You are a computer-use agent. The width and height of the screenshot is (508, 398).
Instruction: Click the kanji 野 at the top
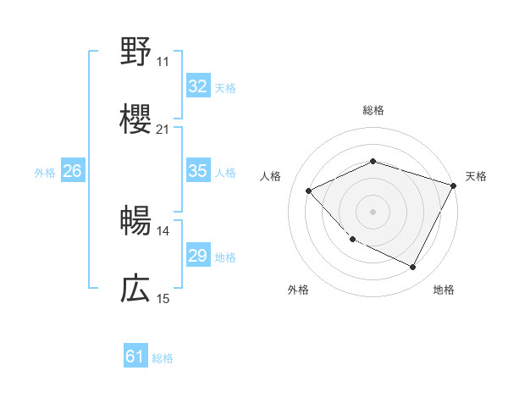[135, 53]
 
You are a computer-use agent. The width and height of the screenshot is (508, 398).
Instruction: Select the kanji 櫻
[135, 119]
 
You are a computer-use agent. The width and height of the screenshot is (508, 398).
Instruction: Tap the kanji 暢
[135, 222]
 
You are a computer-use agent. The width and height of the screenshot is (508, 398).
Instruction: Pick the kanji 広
[135, 290]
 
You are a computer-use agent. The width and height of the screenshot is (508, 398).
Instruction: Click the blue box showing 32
[197, 86]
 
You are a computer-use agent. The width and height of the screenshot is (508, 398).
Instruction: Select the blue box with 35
[197, 171]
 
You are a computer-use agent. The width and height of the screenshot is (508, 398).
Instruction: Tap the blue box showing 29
[197, 256]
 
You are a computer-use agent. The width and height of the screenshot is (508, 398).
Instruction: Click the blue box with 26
[72, 171]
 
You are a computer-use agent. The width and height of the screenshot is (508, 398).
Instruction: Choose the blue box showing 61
[135, 357]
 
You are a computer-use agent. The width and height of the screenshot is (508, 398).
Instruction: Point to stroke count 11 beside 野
[163, 62]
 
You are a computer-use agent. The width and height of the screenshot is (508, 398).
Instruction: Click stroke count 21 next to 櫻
[163, 130]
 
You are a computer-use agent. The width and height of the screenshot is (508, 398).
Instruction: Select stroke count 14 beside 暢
[163, 231]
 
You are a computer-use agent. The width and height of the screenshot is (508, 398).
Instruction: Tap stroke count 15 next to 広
[163, 299]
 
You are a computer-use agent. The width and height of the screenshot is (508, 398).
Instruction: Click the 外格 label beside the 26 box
[45, 173]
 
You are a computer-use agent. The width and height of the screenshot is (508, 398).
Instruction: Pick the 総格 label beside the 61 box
[163, 358]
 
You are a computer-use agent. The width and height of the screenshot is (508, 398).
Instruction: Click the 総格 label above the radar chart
[373, 110]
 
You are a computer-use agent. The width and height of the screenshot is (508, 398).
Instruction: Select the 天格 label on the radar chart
[477, 176]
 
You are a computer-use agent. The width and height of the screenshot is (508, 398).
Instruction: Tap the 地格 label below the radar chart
[444, 290]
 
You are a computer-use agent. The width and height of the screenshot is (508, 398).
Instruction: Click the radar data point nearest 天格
[454, 185]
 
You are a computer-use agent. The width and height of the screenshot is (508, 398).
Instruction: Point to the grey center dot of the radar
[373, 211]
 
